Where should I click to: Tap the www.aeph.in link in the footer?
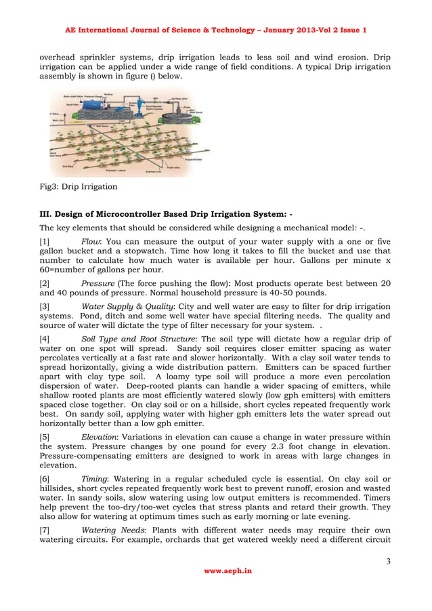coord(228,571)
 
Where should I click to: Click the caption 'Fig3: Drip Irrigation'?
coord(78,186)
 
